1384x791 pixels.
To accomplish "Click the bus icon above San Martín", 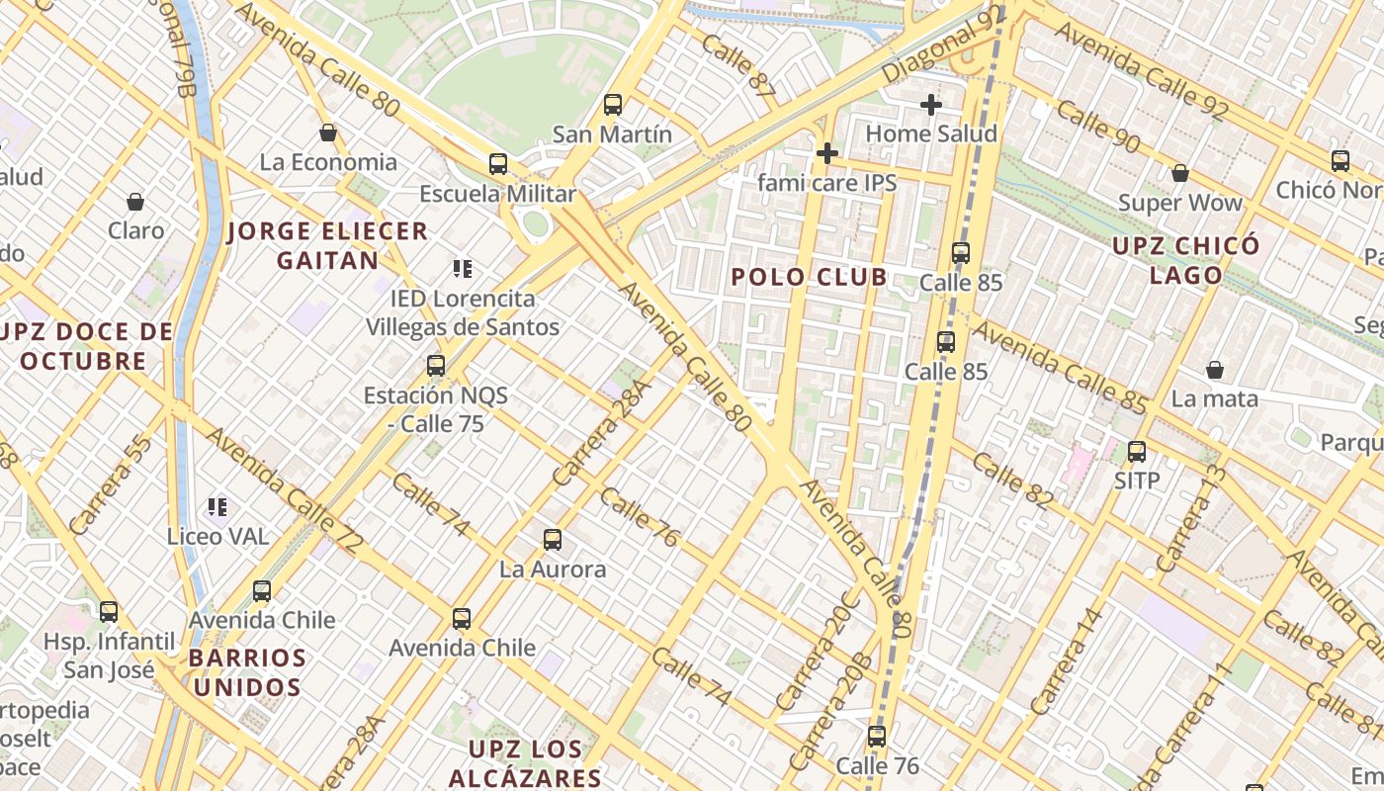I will tap(613, 104).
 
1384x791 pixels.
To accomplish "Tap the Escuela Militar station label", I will tap(497, 193).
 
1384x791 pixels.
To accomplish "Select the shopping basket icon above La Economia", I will tap(328, 132).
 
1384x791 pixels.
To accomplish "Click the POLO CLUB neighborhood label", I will tap(809, 277).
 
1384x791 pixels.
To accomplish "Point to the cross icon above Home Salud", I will tap(930, 104).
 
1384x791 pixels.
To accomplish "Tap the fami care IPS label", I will tap(826, 183).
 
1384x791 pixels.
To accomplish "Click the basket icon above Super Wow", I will tap(1179, 173).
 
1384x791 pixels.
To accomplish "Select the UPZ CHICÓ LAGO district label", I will tap(1186, 260).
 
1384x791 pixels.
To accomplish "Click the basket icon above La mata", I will tap(1214, 370).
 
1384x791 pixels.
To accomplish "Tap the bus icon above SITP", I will tap(1137, 452).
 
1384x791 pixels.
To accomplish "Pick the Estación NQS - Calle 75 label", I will tap(436, 409).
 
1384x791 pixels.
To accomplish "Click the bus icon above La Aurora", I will tap(553, 540).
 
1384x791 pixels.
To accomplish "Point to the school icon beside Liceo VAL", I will tap(217, 507).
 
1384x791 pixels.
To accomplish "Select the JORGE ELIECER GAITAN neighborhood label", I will tap(327, 246).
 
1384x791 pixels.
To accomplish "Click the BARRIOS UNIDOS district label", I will tap(247, 672).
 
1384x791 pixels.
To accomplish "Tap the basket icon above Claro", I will tap(135, 202).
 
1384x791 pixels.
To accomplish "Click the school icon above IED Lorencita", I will tap(462, 268).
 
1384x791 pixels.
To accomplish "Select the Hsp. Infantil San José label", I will tap(109, 656).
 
